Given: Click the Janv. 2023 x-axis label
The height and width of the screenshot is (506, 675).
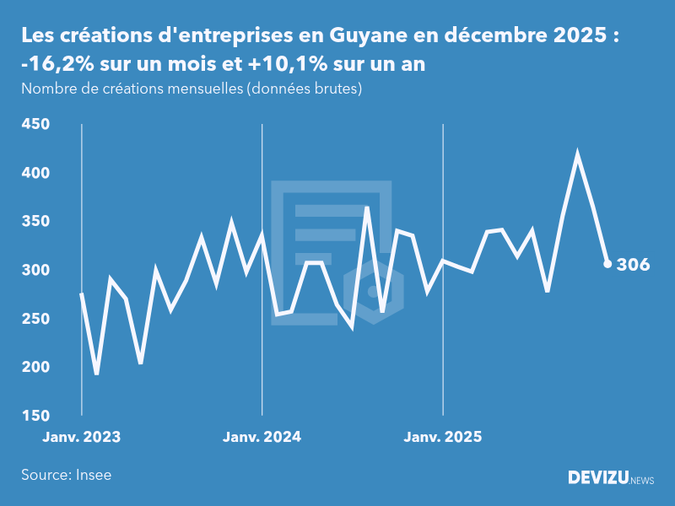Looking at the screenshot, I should [x=82, y=437].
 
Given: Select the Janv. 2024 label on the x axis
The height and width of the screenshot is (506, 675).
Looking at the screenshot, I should [x=262, y=437].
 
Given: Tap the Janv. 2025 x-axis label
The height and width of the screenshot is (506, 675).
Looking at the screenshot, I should [x=443, y=437].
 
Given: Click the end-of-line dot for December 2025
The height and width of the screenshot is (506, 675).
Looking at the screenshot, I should [x=607, y=264].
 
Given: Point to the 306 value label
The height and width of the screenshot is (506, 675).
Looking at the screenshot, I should [x=633, y=265].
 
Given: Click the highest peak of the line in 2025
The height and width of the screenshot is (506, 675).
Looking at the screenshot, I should [x=577, y=154].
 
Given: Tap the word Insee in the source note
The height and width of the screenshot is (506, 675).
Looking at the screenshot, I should [x=94, y=475].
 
